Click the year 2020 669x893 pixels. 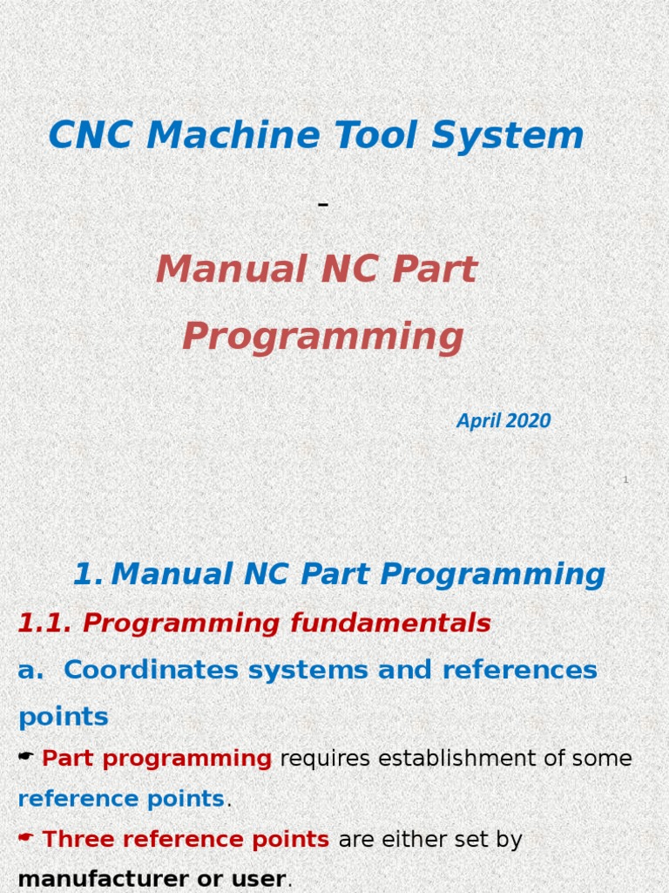tap(528, 421)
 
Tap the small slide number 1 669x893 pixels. tap(625, 480)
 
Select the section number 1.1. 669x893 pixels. tap(45, 623)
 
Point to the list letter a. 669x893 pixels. tap(30, 670)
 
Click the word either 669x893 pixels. tap(406, 840)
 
